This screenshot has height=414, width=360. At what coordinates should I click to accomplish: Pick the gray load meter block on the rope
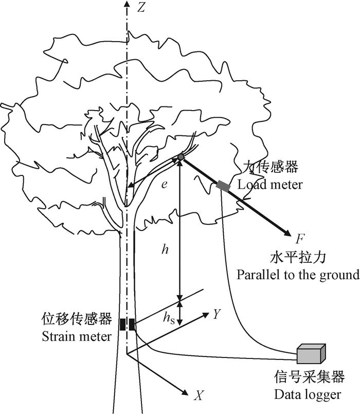(224, 186)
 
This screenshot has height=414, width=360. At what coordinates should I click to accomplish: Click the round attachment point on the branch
(181, 157)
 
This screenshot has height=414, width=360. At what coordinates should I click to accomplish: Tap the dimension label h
(165, 249)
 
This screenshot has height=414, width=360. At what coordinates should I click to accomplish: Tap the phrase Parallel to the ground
(298, 274)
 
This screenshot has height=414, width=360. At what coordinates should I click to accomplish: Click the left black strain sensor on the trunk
(122, 325)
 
